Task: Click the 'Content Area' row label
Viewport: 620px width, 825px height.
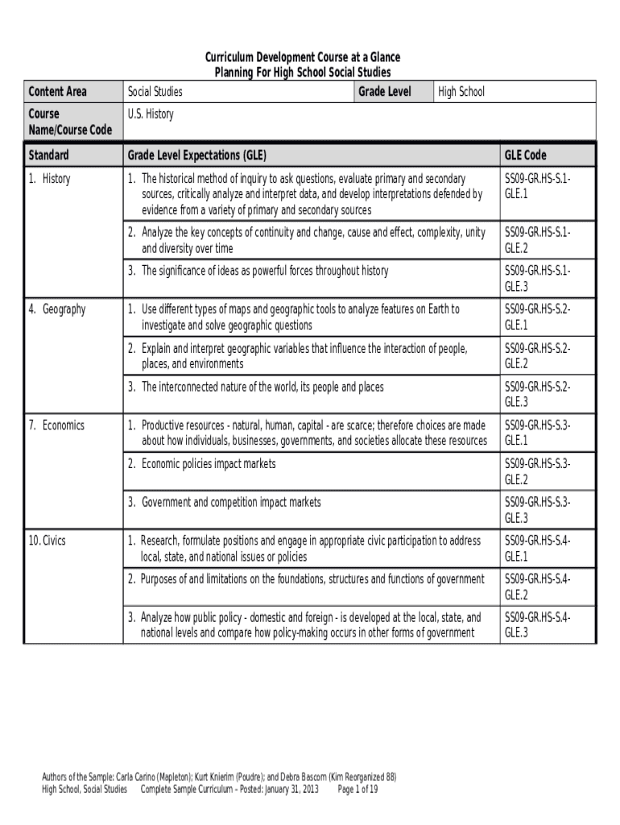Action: coord(57,92)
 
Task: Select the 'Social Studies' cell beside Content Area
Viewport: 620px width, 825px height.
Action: coord(155,92)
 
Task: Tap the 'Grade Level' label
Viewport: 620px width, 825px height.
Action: coord(384,92)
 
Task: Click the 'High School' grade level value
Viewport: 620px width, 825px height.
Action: coord(461,92)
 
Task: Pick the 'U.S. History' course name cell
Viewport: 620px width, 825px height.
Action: coord(150,114)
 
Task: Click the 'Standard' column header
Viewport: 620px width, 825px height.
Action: coord(48,155)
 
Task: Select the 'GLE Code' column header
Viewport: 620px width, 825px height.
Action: coord(525,155)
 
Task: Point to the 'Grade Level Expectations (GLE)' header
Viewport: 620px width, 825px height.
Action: coord(196,155)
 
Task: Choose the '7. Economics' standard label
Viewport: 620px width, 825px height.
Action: coord(56,425)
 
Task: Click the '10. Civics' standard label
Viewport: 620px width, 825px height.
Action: coord(48,541)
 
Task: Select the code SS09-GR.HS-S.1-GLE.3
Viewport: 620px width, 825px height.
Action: coord(537,279)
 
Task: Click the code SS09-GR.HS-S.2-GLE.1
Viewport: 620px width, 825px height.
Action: coord(537,317)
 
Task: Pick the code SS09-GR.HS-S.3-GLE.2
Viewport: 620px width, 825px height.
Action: coord(537,471)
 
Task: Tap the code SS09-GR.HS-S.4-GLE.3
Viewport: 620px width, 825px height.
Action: coord(537,625)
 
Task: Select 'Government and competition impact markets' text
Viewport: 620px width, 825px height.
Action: coord(224,503)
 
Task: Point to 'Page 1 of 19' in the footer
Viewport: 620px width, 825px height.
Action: coord(358,790)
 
